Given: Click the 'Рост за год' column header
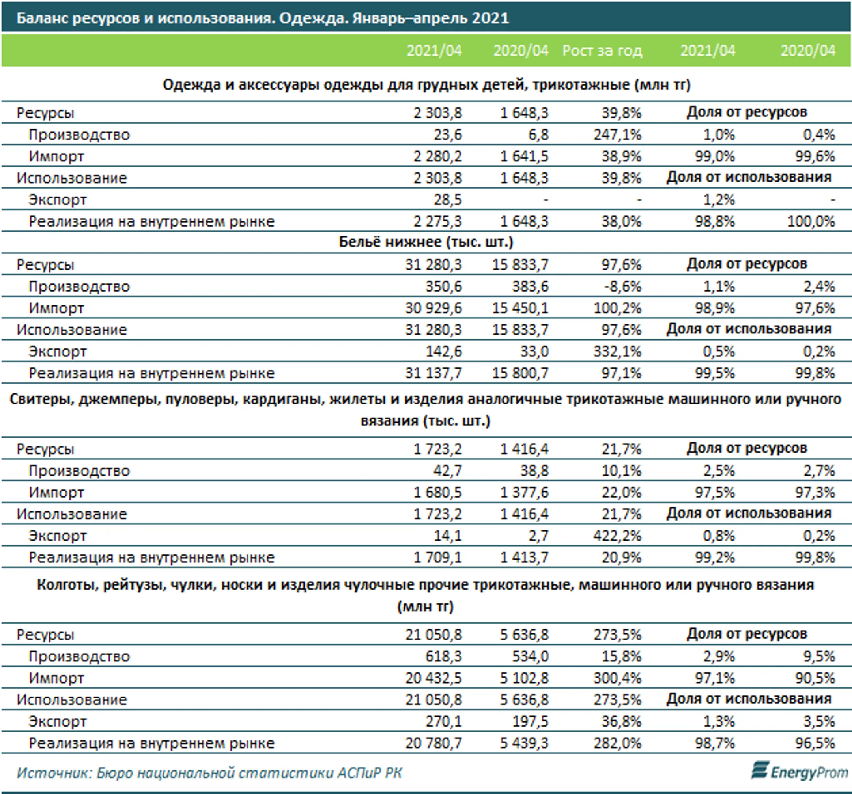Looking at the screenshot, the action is click(602, 51).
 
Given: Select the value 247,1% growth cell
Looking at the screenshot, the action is click(617, 135).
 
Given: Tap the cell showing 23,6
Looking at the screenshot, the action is click(448, 135).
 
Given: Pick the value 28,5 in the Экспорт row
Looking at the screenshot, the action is click(448, 200).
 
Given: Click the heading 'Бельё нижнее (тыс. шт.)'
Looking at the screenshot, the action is click(426, 242).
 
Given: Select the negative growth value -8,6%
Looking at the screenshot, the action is click(622, 287).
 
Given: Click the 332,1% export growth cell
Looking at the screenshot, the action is click(617, 352).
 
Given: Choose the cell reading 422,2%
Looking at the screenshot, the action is click(617, 536).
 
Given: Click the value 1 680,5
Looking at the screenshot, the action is click(437, 492).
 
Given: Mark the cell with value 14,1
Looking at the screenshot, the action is click(448, 536).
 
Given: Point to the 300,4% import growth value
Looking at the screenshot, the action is click(617, 678).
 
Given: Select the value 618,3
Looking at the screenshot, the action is click(444, 656).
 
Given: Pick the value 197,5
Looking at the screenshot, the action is click(531, 721).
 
